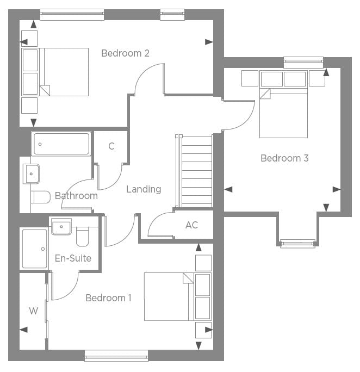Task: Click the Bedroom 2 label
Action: point(125,53)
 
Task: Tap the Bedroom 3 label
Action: point(284,158)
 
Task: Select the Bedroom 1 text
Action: point(108,297)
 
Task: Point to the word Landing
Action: point(144,189)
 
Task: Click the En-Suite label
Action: point(73,258)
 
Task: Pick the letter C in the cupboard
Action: point(111,146)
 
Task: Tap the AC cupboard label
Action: point(191,225)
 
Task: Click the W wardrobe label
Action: point(33,311)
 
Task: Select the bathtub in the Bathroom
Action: point(61,144)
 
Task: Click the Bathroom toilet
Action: point(41,197)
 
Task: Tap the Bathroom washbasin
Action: point(31,174)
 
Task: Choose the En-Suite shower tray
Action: point(34,249)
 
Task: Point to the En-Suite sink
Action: point(61,227)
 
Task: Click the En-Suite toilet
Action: point(82,237)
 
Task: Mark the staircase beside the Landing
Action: point(194,171)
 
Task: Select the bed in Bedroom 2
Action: point(55,72)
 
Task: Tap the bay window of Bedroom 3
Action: point(297,244)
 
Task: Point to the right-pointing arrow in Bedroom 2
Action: point(209,42)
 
